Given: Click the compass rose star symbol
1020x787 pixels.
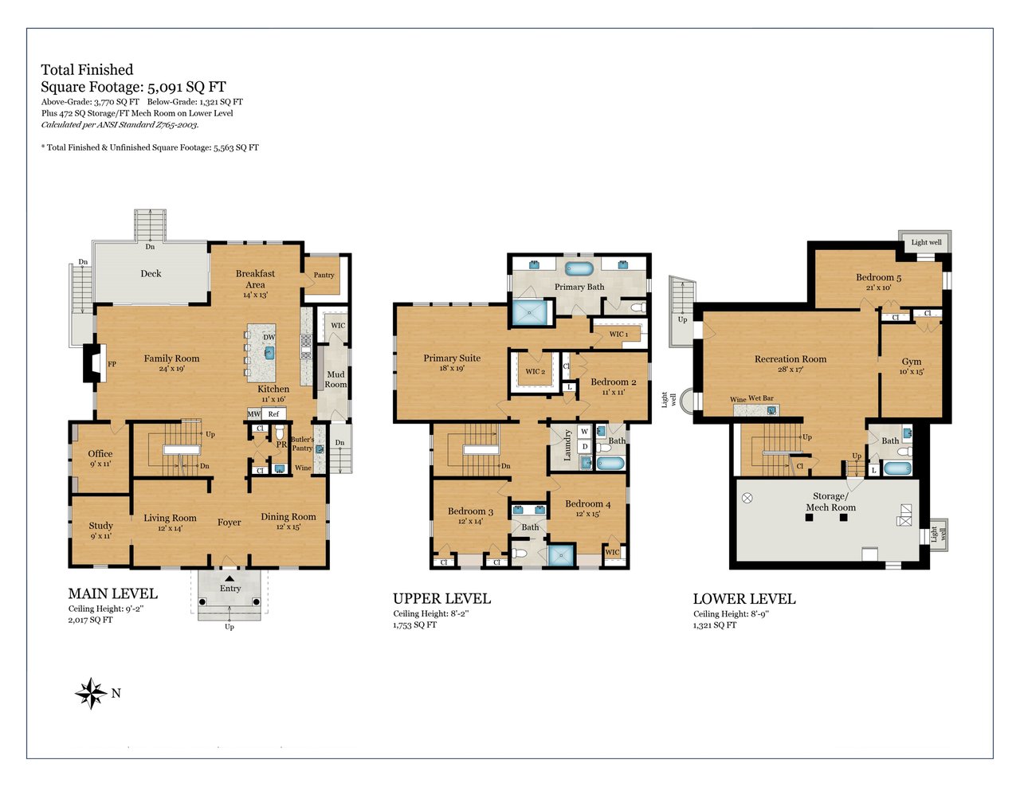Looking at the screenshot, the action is pyautogui.click(x=91, y=693).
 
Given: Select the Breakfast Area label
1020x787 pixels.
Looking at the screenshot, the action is pyautogui.click(x=255, y=279).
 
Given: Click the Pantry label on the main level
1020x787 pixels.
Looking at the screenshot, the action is pyautogui.click(x=324, y=275).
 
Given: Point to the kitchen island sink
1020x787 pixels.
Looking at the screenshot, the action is pyautogui.click(x=269, y=353).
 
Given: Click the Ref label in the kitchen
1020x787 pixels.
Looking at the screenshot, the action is pyautogui.click(x=273, y=413).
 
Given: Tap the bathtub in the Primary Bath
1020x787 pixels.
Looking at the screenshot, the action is pyautogui.click(x=579, y=268).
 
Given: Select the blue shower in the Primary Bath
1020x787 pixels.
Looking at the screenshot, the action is pyautogui.click(x=529, y=312).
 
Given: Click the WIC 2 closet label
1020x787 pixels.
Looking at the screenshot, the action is pyautogui.click(x=535, y=371).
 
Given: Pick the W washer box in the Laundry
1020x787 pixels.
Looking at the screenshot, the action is pyautogui.click(x=584, y=432).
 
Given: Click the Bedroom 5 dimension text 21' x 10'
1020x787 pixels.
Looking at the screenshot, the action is pyautogui.click(x=878, y=288).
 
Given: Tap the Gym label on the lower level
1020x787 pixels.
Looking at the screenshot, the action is pyautogui.click(x=911, y=361).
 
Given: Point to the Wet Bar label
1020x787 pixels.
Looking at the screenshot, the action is pyautogui.click(x=761, y=397).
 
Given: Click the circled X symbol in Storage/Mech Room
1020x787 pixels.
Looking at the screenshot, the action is pyautogui.click(x=747, y=498).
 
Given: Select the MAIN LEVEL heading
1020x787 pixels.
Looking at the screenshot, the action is pyautogui.click(x=112, y=593).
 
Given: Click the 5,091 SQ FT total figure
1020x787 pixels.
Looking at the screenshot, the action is pyautogui.click(x=186, y=87).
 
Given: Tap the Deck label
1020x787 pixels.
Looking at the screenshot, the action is pyautogui.click(x=151, y=273).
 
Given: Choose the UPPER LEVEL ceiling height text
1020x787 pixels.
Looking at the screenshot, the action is pyautogui.click(x=431, y=613).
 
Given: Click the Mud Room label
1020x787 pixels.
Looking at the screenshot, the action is pyautogui.click(x=335, y=379).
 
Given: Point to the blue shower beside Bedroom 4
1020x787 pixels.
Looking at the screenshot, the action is pyautogui.click(x=562, y=556).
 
